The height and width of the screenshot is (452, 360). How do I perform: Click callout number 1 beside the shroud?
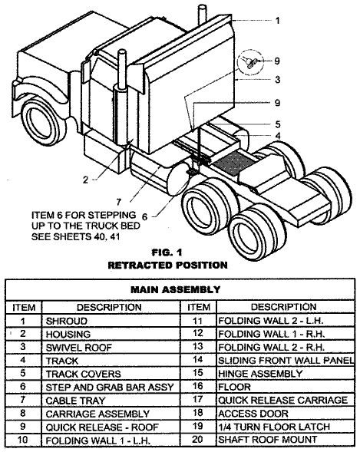(277, 21)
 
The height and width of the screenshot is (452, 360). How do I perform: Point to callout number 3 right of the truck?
(277, 79)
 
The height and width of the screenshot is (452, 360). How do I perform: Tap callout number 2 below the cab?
(85, 180)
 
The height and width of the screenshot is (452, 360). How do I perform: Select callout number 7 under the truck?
(119, 202)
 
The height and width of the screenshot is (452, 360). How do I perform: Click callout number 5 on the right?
(278, 124)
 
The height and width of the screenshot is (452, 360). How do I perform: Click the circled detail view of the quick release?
(250, 62)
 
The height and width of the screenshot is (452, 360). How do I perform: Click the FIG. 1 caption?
(167, 252)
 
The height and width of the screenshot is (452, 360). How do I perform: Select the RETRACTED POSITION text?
(167, 265)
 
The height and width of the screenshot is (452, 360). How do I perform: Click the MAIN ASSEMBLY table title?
(176, 289)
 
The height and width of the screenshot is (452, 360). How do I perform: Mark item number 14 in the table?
(198, 360)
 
